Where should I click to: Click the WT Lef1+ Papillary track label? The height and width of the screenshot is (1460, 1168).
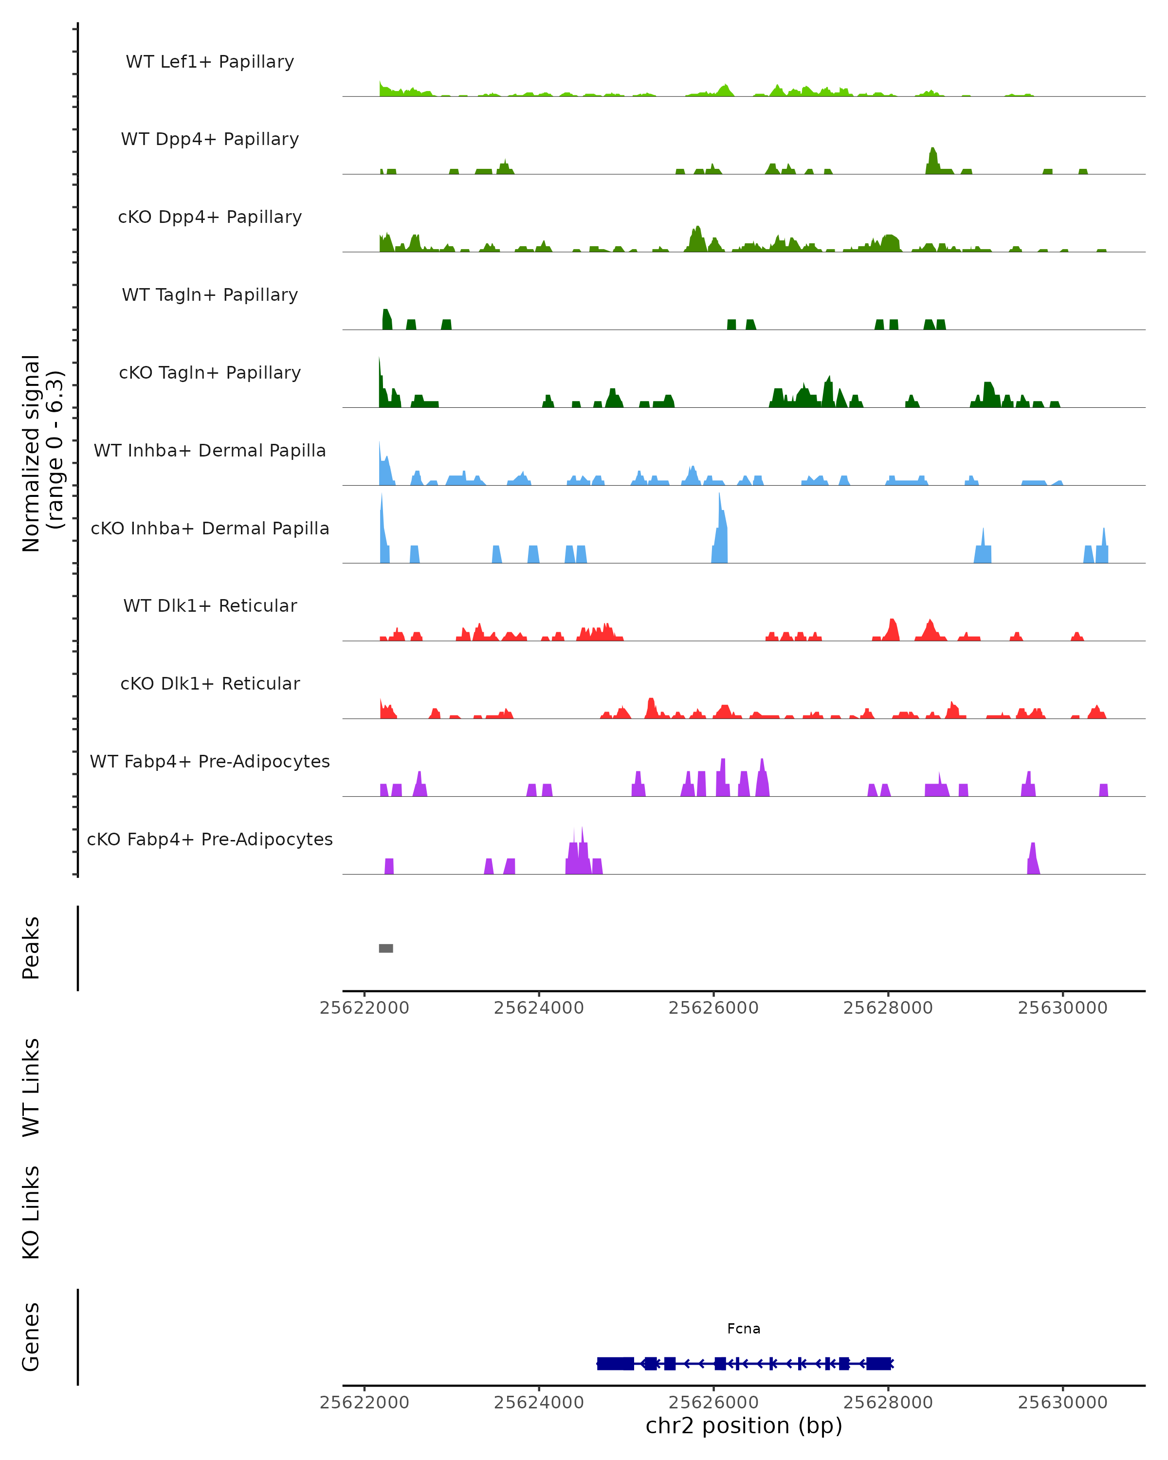point(210,62)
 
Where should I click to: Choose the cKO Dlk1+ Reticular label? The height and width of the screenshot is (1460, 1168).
point(210,683)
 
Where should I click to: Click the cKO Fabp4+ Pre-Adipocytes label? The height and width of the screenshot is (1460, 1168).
point(210,839)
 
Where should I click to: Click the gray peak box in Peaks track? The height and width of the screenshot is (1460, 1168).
point(386,948)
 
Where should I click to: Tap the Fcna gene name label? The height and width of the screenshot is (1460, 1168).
point(744,1329)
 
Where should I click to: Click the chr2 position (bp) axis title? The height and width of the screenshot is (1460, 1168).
point(744,1425)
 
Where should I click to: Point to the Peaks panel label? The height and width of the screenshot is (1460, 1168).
point(31,948)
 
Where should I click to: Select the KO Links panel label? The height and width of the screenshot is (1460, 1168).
point(31,1212)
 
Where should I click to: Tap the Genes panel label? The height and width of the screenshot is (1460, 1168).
point(31,1337)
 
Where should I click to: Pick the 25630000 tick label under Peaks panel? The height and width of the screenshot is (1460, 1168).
point(1062,1008)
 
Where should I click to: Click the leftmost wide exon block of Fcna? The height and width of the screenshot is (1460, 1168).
point(615,1363)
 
